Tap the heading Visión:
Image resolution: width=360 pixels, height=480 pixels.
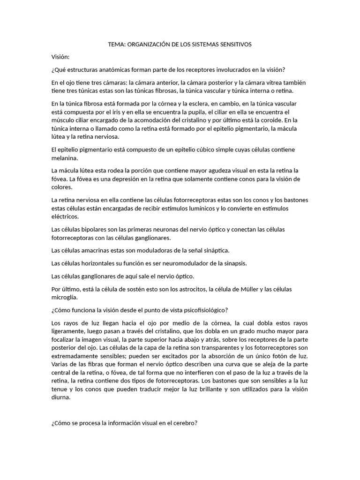click(60, 57)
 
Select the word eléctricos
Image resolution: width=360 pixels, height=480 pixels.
click(65, 217)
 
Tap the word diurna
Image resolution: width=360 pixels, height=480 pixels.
click(61, 397)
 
